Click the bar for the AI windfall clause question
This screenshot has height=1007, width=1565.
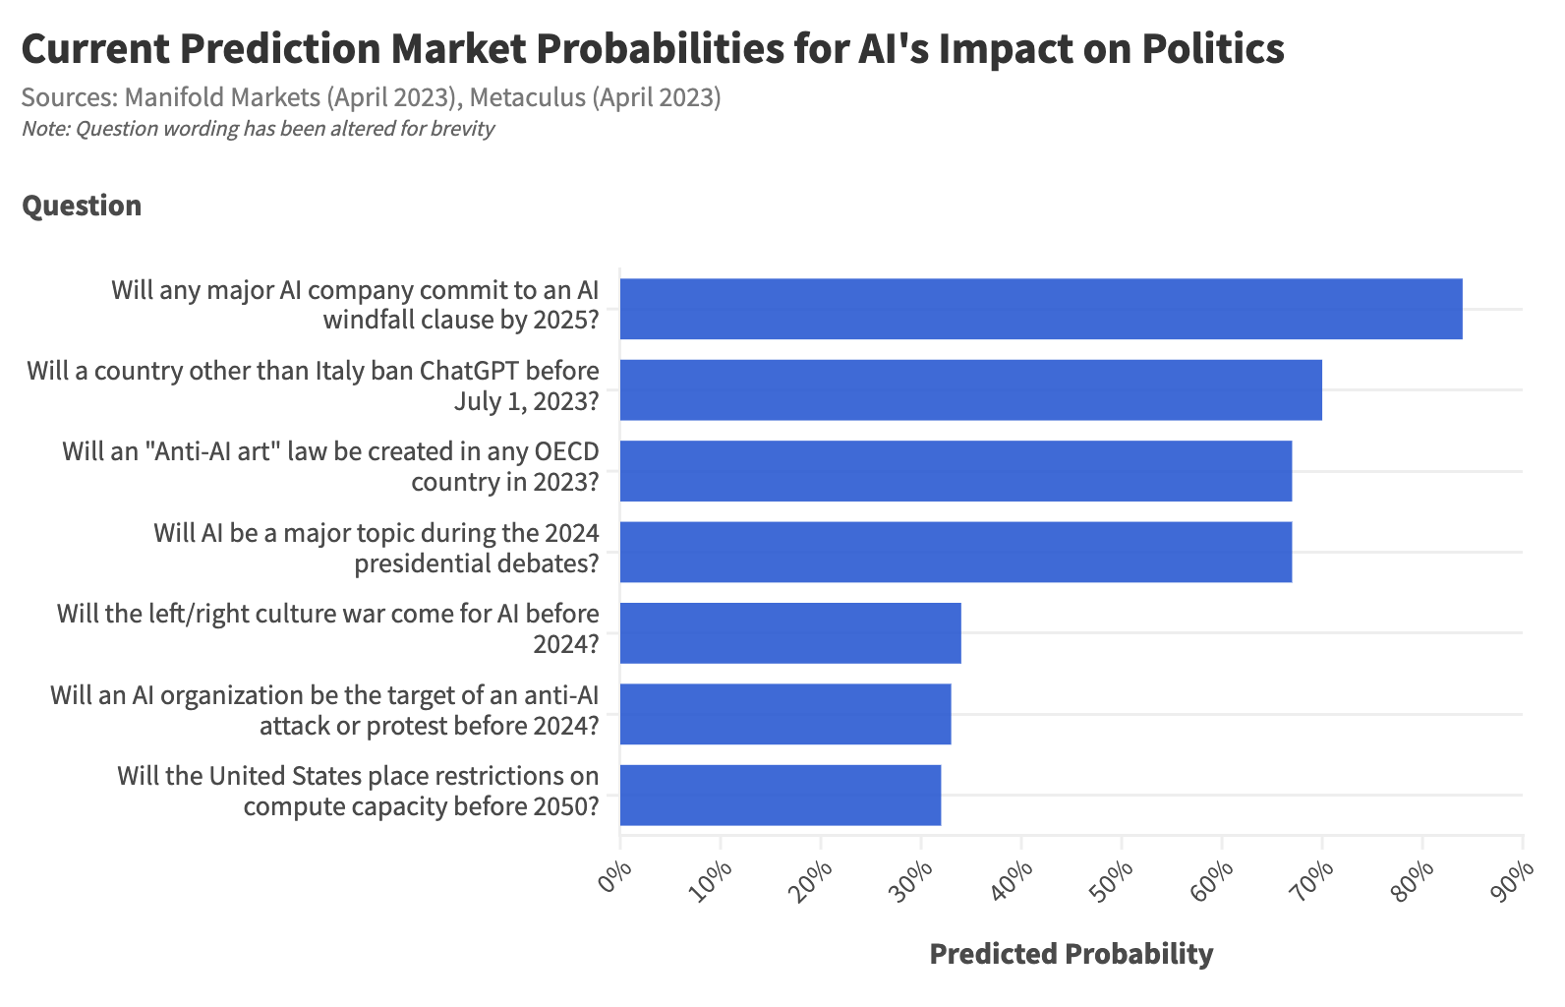[1040, 309]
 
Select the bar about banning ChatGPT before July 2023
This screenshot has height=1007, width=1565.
[970, 389]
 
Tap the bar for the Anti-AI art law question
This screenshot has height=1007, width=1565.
[956, 470]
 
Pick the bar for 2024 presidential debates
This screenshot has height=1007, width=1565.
[956, 552]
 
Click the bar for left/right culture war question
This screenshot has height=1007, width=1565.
[790, 632]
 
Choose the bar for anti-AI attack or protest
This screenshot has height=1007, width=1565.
[785, 713]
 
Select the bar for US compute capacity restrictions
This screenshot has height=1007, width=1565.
[781, 795]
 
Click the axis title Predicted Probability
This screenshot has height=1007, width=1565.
[1071, 954]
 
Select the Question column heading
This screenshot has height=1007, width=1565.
[82, 206]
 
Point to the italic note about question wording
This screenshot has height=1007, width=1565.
[258, 129]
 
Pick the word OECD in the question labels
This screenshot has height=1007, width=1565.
[565, 451]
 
